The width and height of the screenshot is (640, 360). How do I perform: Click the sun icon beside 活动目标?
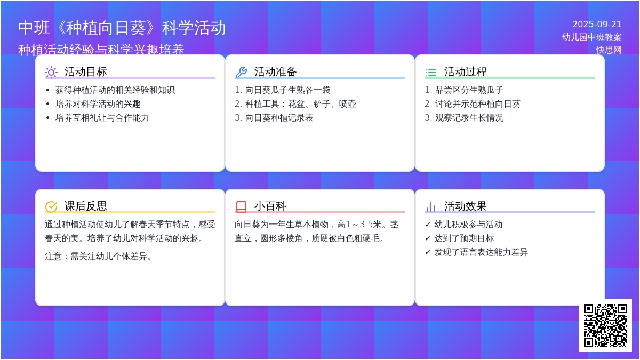pos(51,72)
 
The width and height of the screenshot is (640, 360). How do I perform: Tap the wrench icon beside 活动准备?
pos(241,72)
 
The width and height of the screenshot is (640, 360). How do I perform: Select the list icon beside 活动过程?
pos(431,72)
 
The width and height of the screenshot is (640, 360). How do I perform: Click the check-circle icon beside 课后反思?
pos(51,206)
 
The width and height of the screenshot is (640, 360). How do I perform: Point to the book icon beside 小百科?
pos(241,206)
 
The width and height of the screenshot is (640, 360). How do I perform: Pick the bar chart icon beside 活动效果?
pos(431,206)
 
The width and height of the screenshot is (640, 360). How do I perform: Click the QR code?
pos(605,325)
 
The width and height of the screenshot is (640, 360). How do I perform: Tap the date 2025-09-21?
pos(597,25)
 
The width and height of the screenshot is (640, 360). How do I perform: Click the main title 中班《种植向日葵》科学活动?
pos(122,28)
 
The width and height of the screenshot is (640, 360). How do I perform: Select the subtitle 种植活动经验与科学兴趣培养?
pos(101,50)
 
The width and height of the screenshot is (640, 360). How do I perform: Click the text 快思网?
pos(609,50)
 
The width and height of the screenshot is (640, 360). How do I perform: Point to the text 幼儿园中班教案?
pos(592,37)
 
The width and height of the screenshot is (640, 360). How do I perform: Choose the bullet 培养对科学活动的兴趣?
pos(98,104)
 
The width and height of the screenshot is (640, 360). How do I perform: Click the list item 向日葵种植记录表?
pos(279,118)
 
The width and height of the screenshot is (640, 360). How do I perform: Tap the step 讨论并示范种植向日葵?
pos(477,104)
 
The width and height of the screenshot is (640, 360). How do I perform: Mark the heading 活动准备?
pos(275,72)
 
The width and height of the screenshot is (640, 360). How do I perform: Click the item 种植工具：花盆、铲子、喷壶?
pos(300,104)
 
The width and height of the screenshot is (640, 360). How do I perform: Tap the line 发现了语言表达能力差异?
pos(481,252)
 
